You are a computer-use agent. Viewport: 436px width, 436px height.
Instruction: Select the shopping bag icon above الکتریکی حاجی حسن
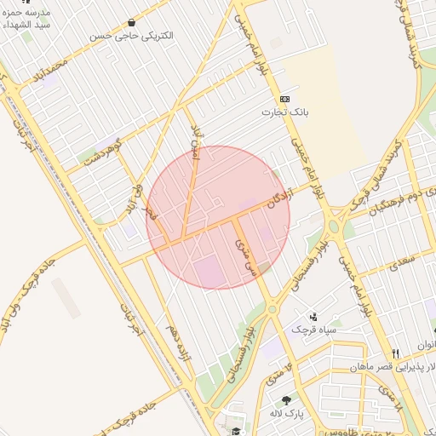(130, 23)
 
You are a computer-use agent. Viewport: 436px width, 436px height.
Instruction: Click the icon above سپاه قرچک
(314, 316)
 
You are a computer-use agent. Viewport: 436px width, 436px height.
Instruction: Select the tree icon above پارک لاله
(286, 400)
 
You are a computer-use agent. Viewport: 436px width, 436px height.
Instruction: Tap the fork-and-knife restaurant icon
(395, 353)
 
